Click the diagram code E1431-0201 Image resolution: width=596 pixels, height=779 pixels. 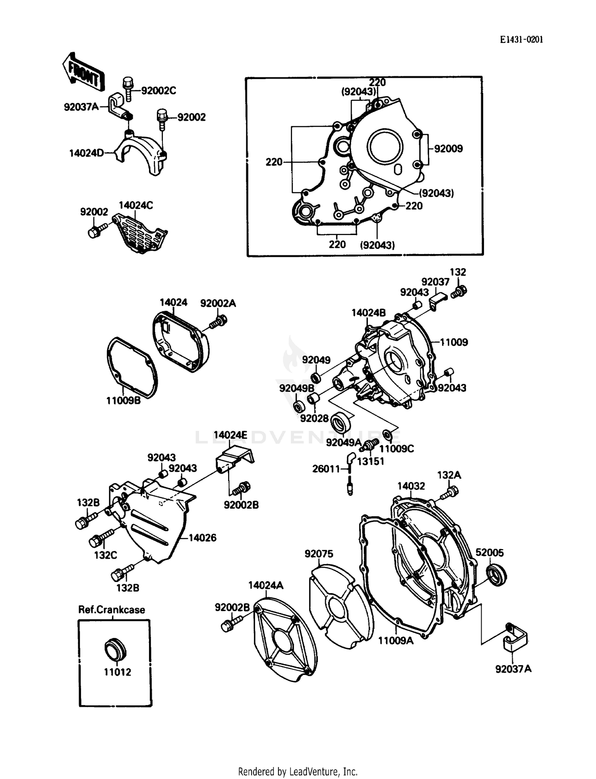point(521,39)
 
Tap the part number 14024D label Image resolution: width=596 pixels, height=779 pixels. point(86,153)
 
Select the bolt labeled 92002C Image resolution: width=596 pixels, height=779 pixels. point(128,88)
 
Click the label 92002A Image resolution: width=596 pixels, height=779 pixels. point(218,303)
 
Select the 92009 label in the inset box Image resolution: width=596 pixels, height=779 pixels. point(448,148)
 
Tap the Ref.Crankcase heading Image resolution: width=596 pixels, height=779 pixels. point(112,609)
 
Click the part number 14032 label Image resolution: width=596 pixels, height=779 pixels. point(411,486)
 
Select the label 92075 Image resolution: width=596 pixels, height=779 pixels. point(319,553)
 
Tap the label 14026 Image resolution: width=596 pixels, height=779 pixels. point(202,538)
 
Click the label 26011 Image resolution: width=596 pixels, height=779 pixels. point(326,469)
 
